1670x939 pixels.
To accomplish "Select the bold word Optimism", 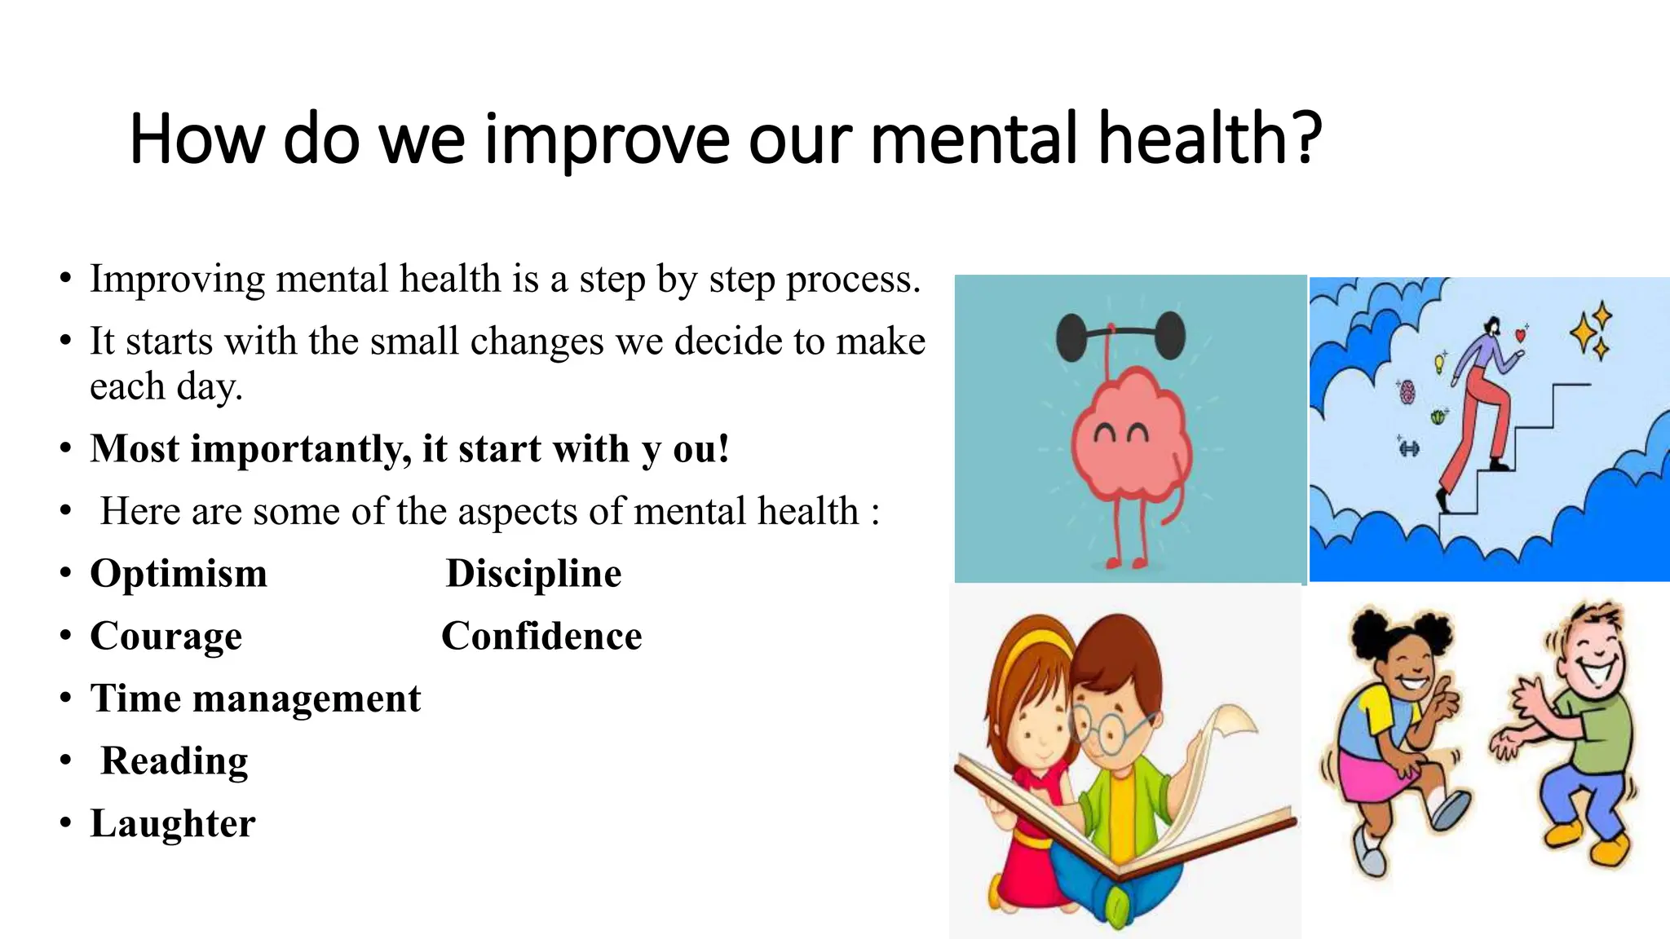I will click(x=179, y=573).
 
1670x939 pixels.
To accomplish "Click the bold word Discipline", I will click(x=533, y=573).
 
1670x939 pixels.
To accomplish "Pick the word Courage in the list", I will click(x=166, y=636).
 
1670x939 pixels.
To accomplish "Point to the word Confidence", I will click(x=541, y=636).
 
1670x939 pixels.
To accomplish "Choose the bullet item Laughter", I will click(x=173, y=823).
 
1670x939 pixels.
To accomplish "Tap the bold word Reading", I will click(x=175, y=760).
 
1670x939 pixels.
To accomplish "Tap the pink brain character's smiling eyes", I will click(x=1121, y=433).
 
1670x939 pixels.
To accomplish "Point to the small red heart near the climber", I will click(x=1519, y=333).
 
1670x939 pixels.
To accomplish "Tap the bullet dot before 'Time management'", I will click(x=65, y=699).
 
